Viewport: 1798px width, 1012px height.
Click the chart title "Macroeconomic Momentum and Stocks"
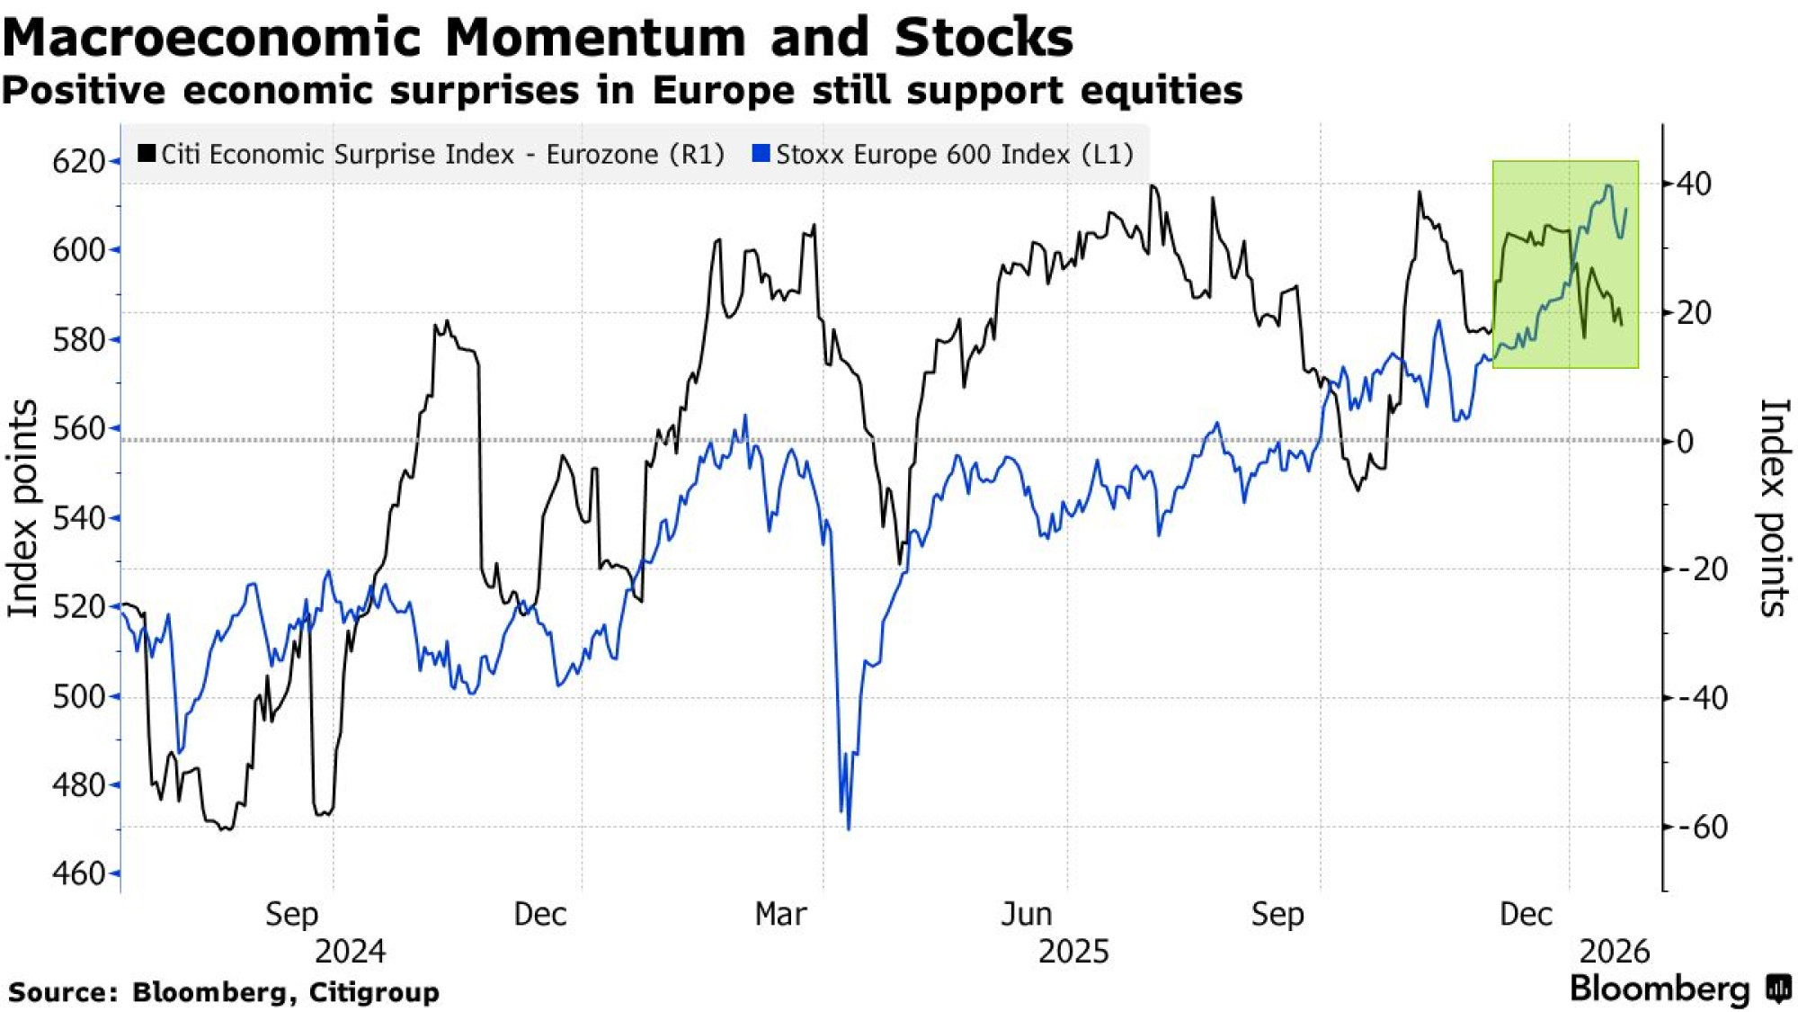point(538,38)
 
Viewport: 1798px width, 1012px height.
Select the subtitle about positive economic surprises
point(622,91)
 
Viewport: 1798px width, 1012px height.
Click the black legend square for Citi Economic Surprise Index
point(147,154)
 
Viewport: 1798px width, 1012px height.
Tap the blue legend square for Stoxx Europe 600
point(761,154)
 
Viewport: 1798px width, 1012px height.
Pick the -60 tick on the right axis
point(1701,827)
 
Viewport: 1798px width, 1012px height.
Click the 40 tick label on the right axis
point(1694,184)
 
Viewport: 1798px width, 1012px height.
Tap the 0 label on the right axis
point(1686,442)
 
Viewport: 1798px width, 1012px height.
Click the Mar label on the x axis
point(780,915)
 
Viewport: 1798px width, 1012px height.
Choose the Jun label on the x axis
point(1027,915)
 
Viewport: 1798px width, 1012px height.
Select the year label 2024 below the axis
point(350,952)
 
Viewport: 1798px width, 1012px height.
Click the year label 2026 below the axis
point(1615,952)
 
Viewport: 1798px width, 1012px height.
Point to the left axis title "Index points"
point(23,508)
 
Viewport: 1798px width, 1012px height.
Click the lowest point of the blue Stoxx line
point(849,828)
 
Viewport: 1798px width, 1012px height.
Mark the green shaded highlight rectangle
point(1565,264)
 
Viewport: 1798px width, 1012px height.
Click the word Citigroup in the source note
point(374,992)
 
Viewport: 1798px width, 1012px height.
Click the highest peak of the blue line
point(1608,186)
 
